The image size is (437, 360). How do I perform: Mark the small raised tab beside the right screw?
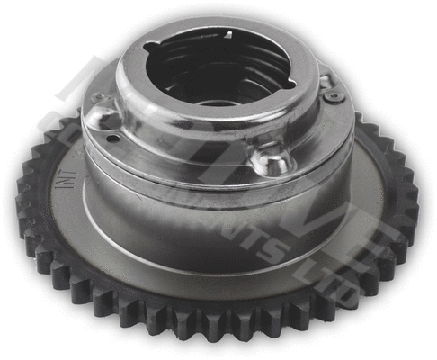(x=322, y=79)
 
